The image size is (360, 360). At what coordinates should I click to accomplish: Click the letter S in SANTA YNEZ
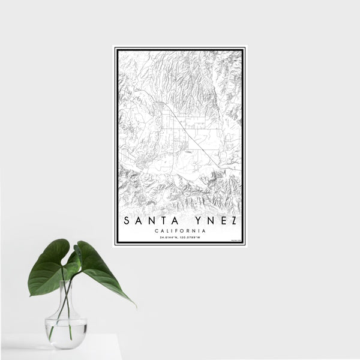coord(127,221)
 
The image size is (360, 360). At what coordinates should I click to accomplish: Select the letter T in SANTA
coord(155,221)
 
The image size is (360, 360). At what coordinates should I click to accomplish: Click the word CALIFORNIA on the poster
coord(180,231)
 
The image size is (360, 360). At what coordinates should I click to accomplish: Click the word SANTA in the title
coord(148,221)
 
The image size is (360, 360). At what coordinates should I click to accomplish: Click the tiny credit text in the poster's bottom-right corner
coord(235,241)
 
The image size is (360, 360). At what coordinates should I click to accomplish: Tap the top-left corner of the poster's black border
coord(115,48)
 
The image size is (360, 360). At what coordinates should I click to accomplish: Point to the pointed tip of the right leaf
coord(134,305)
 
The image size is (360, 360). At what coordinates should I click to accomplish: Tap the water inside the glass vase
coord(66,334)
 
